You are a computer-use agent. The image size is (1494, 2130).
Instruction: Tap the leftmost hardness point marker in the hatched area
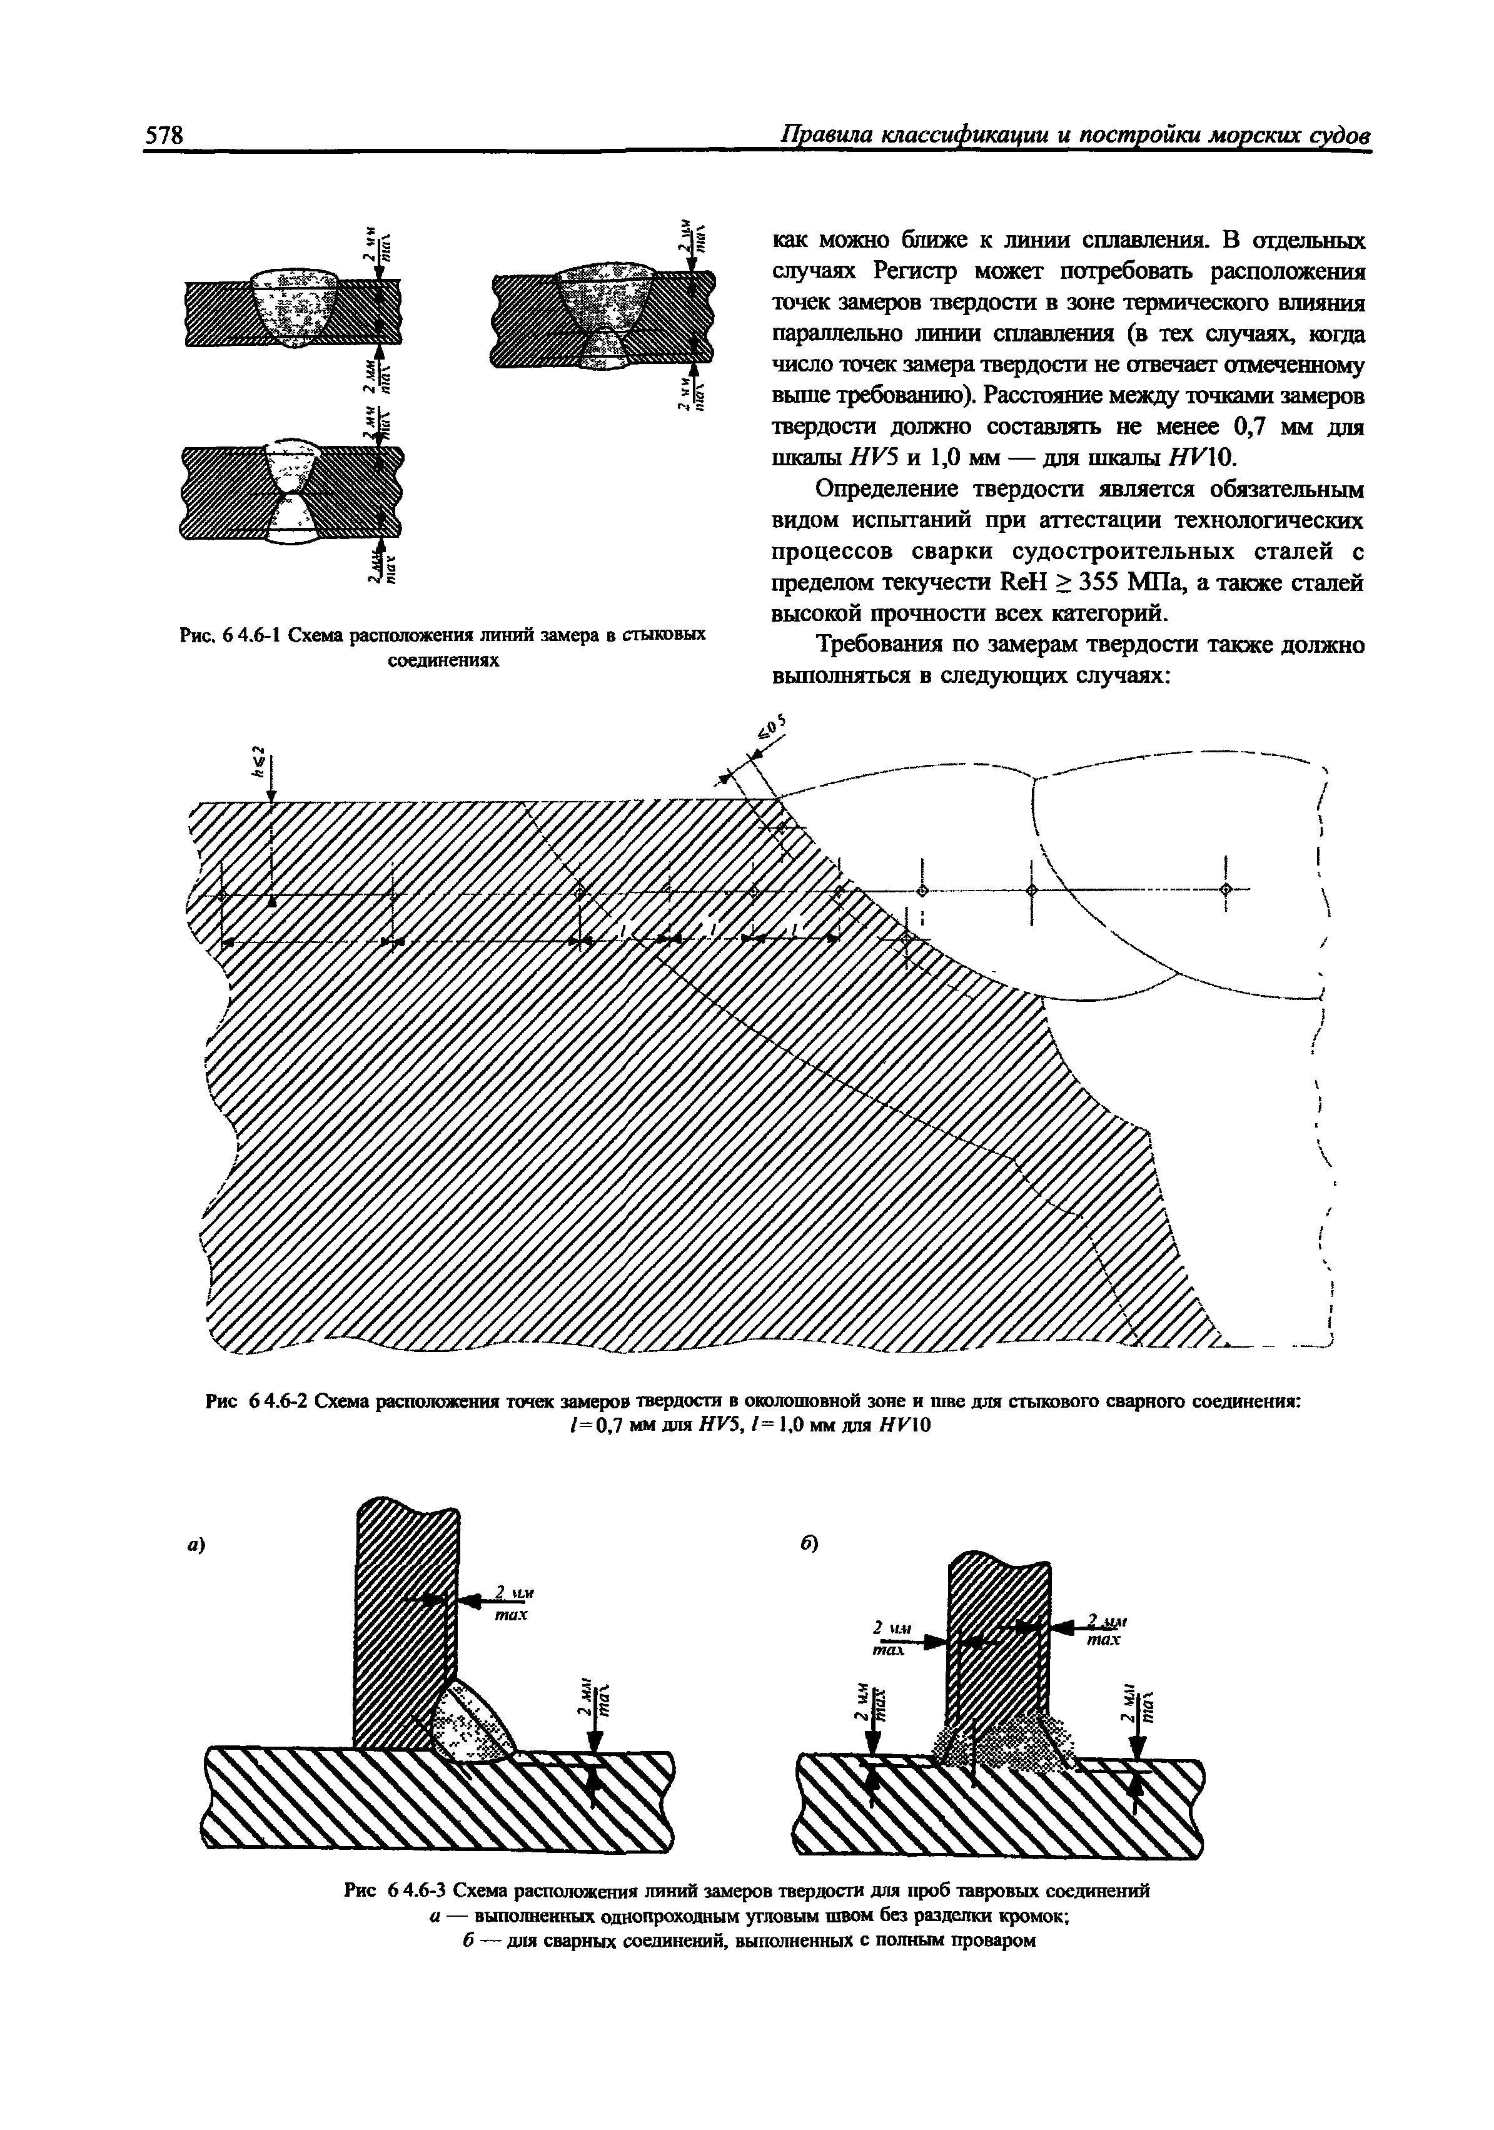point(223,896)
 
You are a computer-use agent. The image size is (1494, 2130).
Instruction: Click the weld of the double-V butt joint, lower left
point(291,493)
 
